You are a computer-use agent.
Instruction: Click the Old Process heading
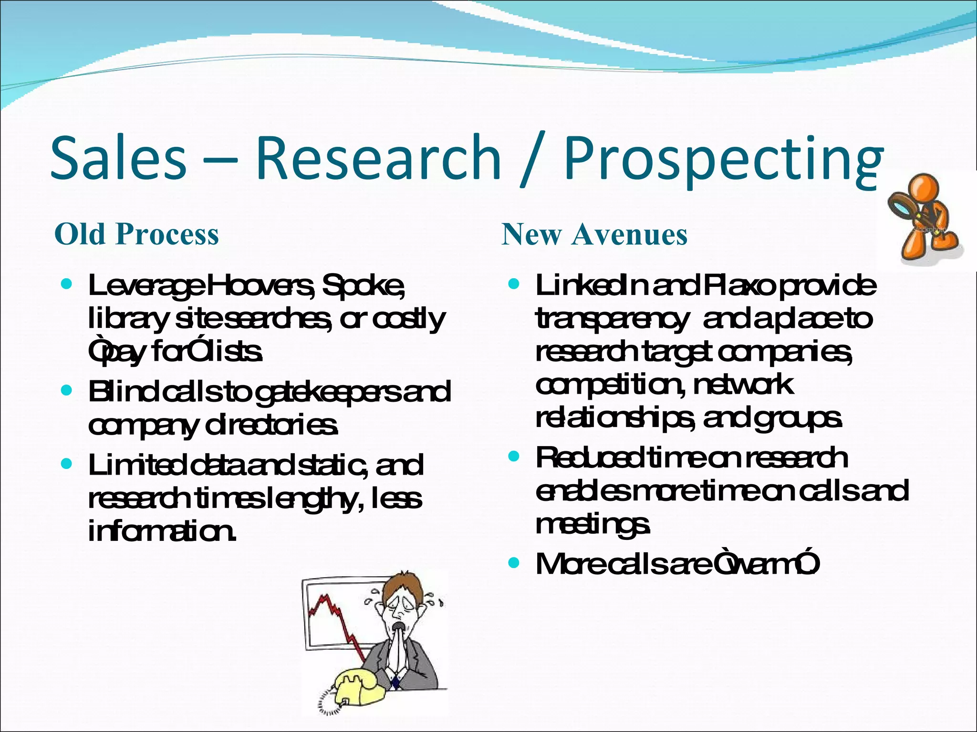[136, 234]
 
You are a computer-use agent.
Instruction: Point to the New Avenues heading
[594, 234]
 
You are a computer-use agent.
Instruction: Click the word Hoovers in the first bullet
[260, 285]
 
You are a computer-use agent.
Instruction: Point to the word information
[162, 532]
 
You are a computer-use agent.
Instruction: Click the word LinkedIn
[591, 285]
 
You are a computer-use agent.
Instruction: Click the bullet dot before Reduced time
[513, 457]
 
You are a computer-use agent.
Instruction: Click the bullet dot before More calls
[513, 563]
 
